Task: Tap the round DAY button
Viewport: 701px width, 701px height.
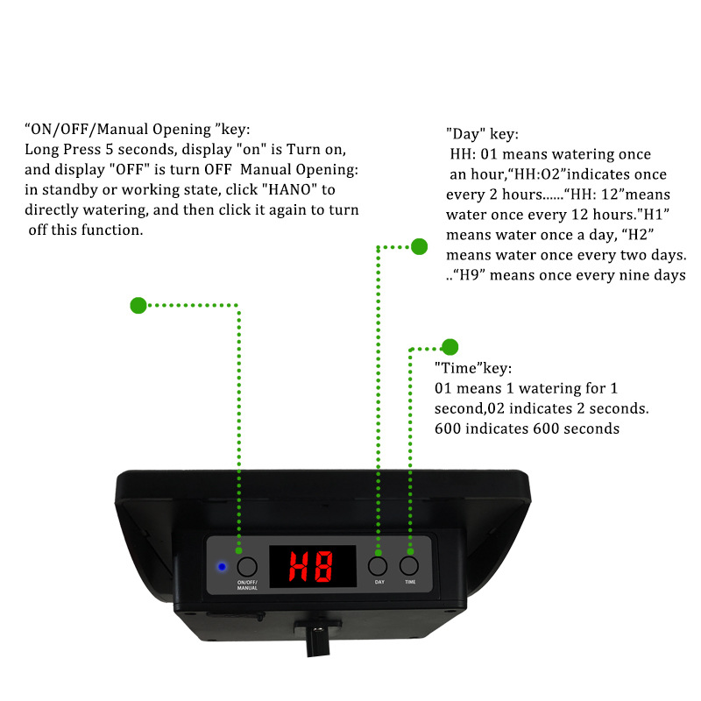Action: click(378, 566)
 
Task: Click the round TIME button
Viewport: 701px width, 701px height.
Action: click(409, 565)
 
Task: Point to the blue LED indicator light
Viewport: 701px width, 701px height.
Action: click(222, 567)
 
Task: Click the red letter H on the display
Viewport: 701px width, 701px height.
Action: click(299, 566)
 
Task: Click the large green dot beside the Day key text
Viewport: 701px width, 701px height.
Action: click(420, 246)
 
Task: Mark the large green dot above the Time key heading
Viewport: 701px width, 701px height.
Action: click(450, 347)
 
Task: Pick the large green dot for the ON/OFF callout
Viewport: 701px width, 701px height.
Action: click(138, 305)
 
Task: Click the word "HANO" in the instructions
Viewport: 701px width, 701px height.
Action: click(289, 189)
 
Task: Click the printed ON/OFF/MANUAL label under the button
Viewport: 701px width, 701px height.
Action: click(247, 585)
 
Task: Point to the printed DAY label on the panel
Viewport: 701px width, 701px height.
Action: click(379, 582)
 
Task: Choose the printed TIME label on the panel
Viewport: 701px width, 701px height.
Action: click(410, 582)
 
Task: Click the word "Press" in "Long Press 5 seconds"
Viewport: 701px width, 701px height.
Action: click(81, 149)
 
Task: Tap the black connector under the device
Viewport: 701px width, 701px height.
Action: click(317, 637)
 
